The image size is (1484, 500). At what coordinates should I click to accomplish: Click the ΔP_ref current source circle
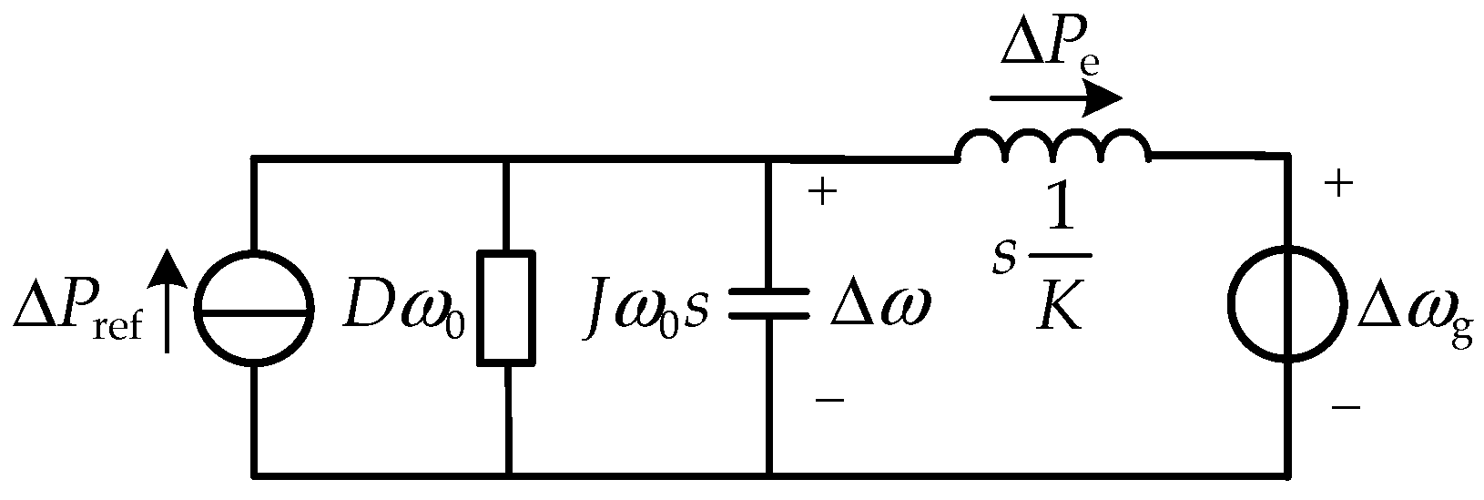point(254,310)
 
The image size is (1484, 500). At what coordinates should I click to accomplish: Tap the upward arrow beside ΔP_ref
point(166,301)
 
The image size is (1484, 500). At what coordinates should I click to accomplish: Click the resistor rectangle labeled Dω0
point(506,310)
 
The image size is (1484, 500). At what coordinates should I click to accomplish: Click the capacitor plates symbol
point(769,304)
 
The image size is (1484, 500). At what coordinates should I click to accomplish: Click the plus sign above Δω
point(822,194)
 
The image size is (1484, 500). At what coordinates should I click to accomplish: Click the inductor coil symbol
point(1052,146)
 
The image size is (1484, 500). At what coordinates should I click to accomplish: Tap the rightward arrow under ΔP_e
point(1056,97)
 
